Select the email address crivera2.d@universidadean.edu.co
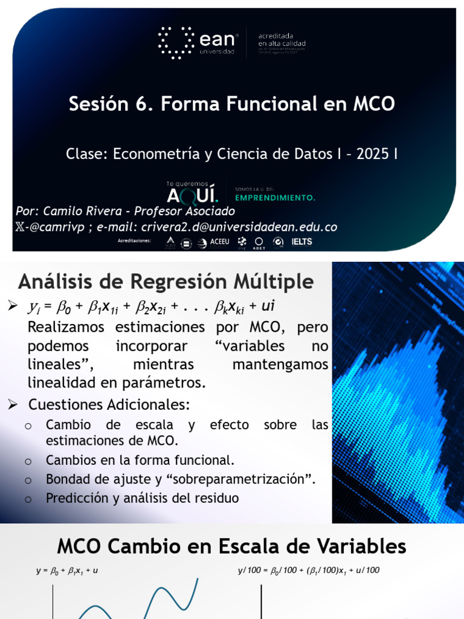point(239,227)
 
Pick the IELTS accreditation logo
point(301,242)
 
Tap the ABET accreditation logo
point(259,242)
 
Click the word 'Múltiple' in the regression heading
point(273,282)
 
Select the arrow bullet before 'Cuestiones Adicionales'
point(13,403)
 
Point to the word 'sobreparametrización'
point(242,479)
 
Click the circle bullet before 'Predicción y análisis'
point(28,499)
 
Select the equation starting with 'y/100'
point(308,570)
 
